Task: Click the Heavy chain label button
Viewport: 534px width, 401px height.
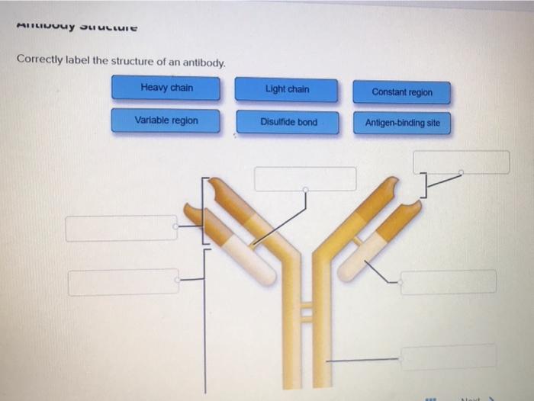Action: (x=166, y=88)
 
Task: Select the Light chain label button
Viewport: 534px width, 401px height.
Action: (x=286, y=89)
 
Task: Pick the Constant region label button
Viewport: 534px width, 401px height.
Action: (x=402, y=92)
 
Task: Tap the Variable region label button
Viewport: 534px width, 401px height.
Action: (x=166, y=120)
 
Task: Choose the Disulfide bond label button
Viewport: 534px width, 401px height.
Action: (x=288, y=122)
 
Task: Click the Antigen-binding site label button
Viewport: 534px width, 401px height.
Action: (x=402, y=123)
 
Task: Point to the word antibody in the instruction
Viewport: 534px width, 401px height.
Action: (x=202, y=62)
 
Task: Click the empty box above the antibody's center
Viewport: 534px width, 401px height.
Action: (x=305, y=178)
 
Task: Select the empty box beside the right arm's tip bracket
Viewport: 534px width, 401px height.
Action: (x=461, y=162)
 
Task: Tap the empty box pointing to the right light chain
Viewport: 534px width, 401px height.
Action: (x=448, y=282)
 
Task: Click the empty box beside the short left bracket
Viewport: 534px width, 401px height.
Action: (x=121, y=228)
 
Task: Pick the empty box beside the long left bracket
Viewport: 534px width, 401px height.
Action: (x=123, y=281)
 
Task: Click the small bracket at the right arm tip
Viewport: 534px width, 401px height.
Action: (x=424, y=183)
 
